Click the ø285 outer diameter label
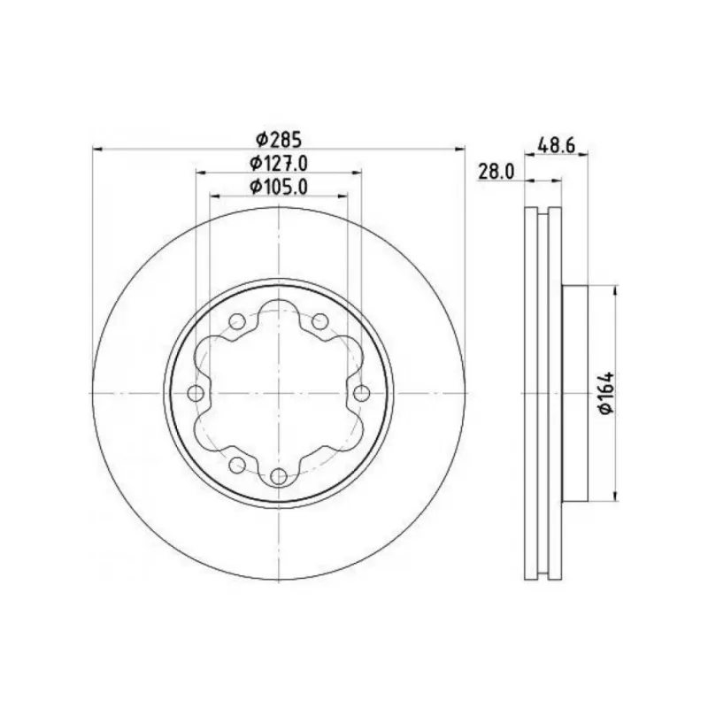point(279,140)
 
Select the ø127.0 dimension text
point(279,163)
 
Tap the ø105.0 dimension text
point(279,187)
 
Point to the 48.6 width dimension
point(556,145)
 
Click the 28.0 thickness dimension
point(496,172)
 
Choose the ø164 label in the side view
point(606,392)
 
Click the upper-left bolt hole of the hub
point(237,322)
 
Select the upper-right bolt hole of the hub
point(320,322)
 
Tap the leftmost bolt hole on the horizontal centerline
point(196,393)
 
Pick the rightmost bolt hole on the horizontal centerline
point(362,393)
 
